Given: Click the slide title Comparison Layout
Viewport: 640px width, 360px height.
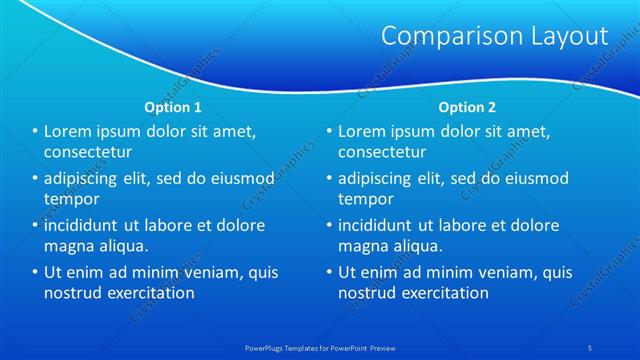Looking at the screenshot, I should (x=495, y=36).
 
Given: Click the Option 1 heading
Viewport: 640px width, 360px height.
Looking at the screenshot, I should (x=172, y=106).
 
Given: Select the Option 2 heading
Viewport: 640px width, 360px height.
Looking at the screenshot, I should (x=466, y=106).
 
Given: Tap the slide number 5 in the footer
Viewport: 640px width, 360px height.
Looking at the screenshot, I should (x=591, y=348).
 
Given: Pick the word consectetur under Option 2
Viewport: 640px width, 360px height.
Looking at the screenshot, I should (x=382, y=152).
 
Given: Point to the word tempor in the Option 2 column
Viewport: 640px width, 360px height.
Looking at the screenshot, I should (x=365, y=199).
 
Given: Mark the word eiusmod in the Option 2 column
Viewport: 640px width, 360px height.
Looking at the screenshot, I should (x=535, y=179).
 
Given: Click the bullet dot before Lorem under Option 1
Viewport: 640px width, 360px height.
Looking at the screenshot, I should (x=35, y=132).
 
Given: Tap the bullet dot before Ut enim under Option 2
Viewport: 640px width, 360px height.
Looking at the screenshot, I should (x=328, y=272).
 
